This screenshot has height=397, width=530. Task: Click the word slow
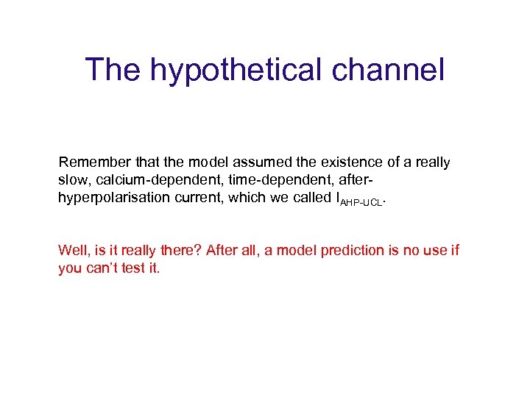pyautogui.click(x=71, y=180)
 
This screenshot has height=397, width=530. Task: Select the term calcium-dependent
pyautogui.click(x=144, y=180)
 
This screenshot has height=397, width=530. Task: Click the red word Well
pyautogui.click(x=72, y=251)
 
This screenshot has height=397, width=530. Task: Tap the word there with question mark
pyautogui.click(x=174, y=251)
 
